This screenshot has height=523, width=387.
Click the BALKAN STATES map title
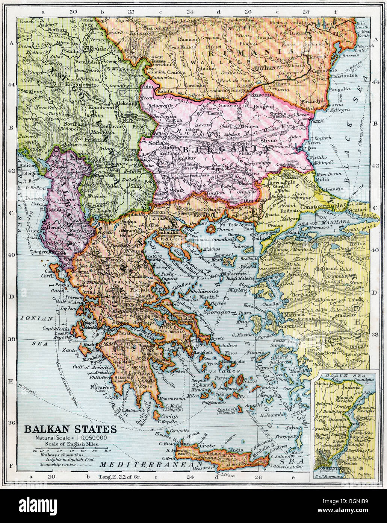pyautogui.click(x=71, y=429)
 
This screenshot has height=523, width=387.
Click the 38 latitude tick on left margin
pyautogui.click(x=11, y=339)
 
